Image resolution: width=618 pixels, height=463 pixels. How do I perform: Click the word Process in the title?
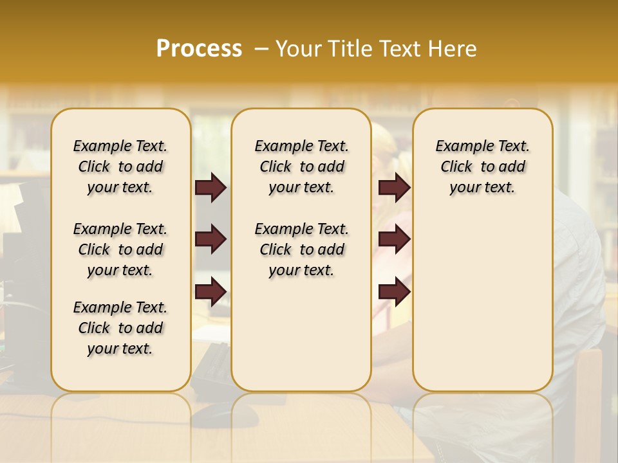pos(199,49)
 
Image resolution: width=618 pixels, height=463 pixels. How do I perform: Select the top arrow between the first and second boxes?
pos(211,188)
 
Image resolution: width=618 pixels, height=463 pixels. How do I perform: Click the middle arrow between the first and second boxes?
pos(211,240)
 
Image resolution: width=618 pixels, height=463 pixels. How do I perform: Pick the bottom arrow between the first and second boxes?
pos(211,291)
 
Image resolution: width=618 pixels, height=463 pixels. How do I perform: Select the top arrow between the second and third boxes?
pos(394,188)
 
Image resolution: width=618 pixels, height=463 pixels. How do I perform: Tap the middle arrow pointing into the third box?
pos(394,240)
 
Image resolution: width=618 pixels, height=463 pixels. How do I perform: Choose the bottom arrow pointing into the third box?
pos(394,291)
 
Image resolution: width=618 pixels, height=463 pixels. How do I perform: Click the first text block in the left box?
pos(120,167)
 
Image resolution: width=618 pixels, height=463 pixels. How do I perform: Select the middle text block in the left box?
pos(120,250)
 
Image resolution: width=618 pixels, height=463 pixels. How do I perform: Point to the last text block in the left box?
pos(120,328)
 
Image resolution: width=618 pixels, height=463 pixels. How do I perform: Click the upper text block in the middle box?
pos(302,167)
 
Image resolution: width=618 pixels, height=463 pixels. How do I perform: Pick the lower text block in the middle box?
pos(302,250)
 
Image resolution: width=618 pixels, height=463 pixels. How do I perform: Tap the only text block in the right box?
pos(482,167)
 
